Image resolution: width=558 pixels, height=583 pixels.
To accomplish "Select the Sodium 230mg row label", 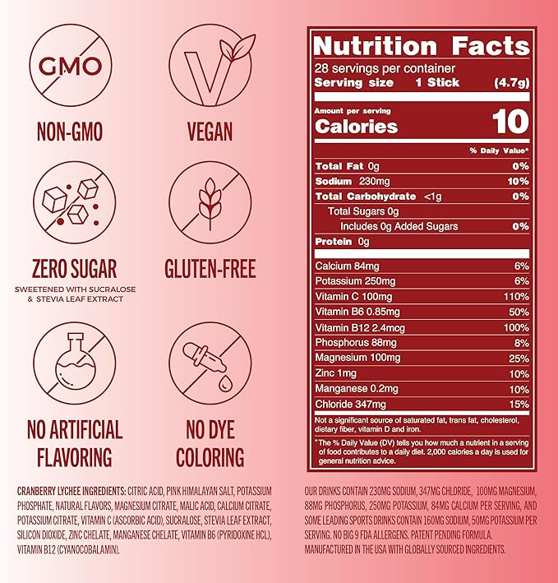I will pyautogui.click(x=345, y=181).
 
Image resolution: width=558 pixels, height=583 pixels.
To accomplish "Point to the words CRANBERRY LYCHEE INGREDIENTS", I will pyautogui.click(x=73, y=493).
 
